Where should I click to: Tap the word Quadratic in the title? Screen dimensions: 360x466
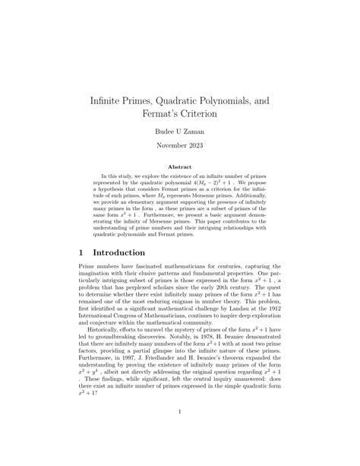pos(204,100)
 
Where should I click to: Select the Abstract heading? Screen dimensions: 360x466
pos(179,167)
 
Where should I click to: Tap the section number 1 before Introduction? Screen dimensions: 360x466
pos(83,252)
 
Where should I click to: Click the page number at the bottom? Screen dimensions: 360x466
pos(179,413)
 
